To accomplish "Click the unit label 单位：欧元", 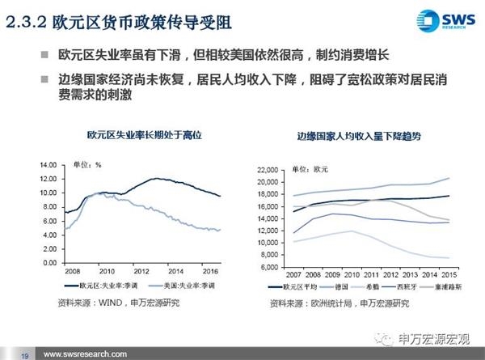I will tap(310, 169).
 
